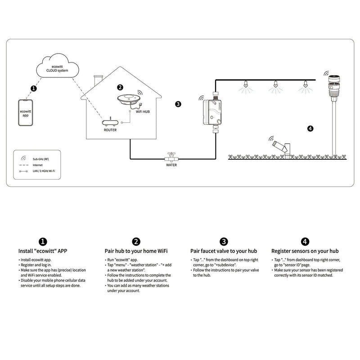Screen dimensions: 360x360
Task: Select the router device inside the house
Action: [110, 122]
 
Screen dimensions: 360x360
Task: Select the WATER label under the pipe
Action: [171, 165]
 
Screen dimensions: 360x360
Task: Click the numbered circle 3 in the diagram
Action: [178, 104]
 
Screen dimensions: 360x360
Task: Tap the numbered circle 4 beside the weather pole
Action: [310, 128]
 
